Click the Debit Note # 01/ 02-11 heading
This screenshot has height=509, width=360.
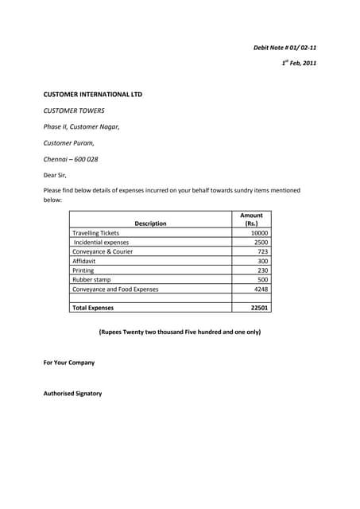(285, 48)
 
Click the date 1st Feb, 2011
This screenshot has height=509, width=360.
(299, 63)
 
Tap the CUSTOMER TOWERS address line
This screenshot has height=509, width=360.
(74, 111)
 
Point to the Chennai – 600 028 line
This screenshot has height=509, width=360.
(71, 159)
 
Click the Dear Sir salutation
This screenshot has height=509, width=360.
(55, 175)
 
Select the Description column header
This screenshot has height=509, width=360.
(150, 223)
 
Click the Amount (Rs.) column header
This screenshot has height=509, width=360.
(251, 220)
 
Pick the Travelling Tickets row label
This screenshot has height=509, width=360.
(95, 233)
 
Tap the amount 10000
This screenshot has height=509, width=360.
(259, 233)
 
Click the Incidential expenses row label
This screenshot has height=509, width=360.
(101, 243)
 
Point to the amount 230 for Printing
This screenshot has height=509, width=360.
(263, 270)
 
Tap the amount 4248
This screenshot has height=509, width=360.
(261, 289)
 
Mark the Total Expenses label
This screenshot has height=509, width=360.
(93, 308)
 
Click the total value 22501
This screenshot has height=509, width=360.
(259, 308)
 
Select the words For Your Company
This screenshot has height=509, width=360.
(68, 363)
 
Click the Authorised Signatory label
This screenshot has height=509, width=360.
(72, 394)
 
